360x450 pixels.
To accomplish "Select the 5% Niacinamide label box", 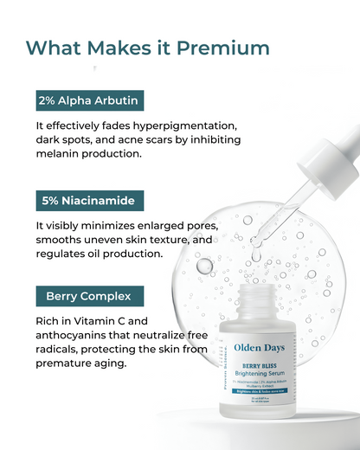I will coord(88,200).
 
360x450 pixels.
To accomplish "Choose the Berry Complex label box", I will coord(89,296).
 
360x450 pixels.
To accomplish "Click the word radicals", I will coord(61,350).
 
